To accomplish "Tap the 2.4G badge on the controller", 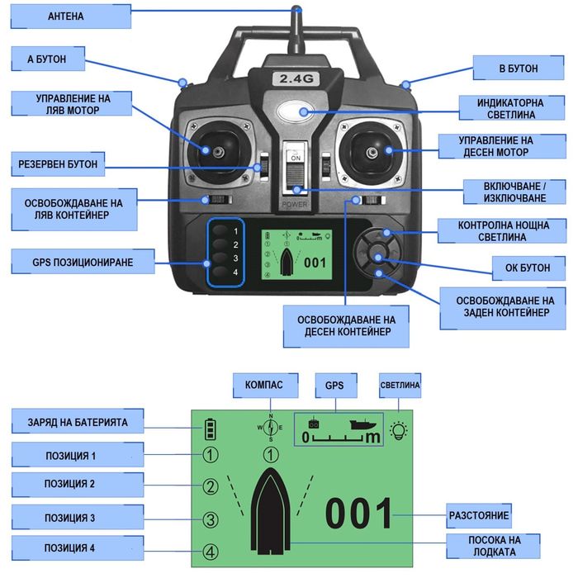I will click(294, 79).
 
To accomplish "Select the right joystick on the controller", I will click(372, 151).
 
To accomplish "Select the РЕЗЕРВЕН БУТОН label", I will click(57, 164).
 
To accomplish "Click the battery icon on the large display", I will click(211, 429).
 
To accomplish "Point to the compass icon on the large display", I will click(270, 427).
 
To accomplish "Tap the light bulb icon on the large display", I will click(400, 430).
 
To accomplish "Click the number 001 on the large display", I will click(358, 514).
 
